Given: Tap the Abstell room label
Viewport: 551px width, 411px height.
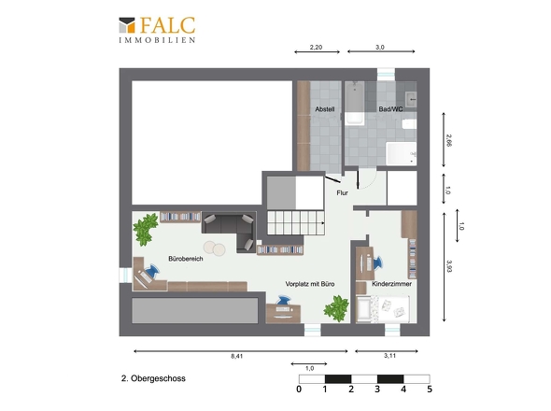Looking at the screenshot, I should click(325, 109).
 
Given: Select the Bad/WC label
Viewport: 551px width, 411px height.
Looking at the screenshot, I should click(389, 109).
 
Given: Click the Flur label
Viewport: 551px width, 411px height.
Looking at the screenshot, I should click(342, 193).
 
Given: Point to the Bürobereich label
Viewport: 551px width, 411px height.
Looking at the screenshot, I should click(185, 258).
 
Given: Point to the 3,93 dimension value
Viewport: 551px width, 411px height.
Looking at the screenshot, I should click(448, 266).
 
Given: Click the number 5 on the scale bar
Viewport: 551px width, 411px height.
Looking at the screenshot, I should click(430, 389).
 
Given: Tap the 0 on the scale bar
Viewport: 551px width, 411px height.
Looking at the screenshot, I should click(299, 389).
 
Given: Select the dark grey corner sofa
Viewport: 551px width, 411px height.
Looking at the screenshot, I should click(229, 227).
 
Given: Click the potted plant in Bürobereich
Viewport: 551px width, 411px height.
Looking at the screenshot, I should click(146, 226).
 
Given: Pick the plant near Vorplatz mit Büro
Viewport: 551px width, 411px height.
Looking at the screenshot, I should click(335, 306).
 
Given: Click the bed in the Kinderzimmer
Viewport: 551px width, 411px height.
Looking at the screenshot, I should click(384, 306).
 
